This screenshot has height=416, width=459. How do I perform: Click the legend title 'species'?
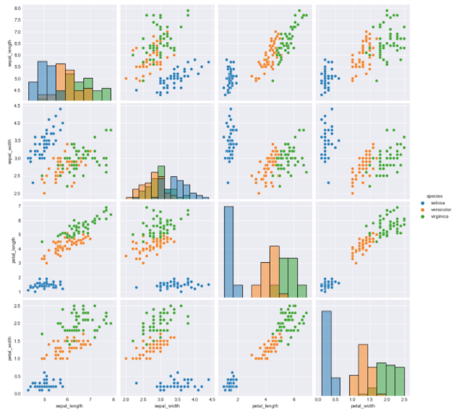(x=434, y=196)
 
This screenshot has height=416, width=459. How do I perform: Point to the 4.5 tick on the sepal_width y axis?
(x=17, y=106)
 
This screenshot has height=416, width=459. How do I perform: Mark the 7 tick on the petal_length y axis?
(x=20, y=206)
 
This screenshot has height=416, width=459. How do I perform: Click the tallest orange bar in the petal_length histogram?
(x=274, y=272)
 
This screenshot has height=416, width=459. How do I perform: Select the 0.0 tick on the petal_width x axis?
(x=319, y=399)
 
